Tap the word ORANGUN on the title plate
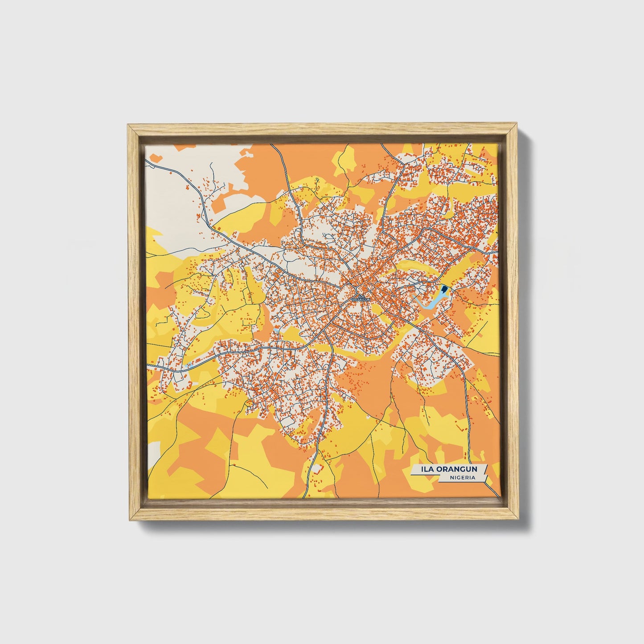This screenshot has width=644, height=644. (459, 469)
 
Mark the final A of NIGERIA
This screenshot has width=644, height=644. (472, 478)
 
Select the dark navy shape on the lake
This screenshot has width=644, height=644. (444, 292)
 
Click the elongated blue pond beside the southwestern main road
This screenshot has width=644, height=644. (189, 365)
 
